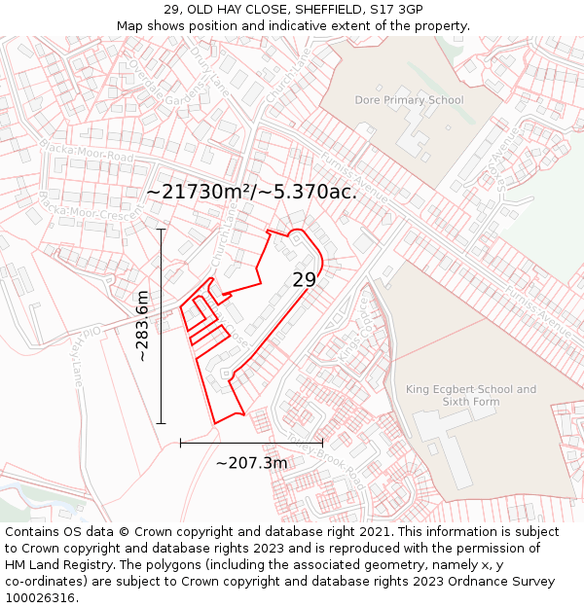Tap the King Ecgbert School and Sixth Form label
pos(471,395)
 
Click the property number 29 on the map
pos(305,280)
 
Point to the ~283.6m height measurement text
pos(142,326)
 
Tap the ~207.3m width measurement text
pos(251,463)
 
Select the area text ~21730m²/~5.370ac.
pos(251,192)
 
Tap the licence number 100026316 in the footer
pos(39,597)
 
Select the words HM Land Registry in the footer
pos(55,564)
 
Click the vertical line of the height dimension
pos(161,326)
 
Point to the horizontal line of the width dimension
pos(251,443)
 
